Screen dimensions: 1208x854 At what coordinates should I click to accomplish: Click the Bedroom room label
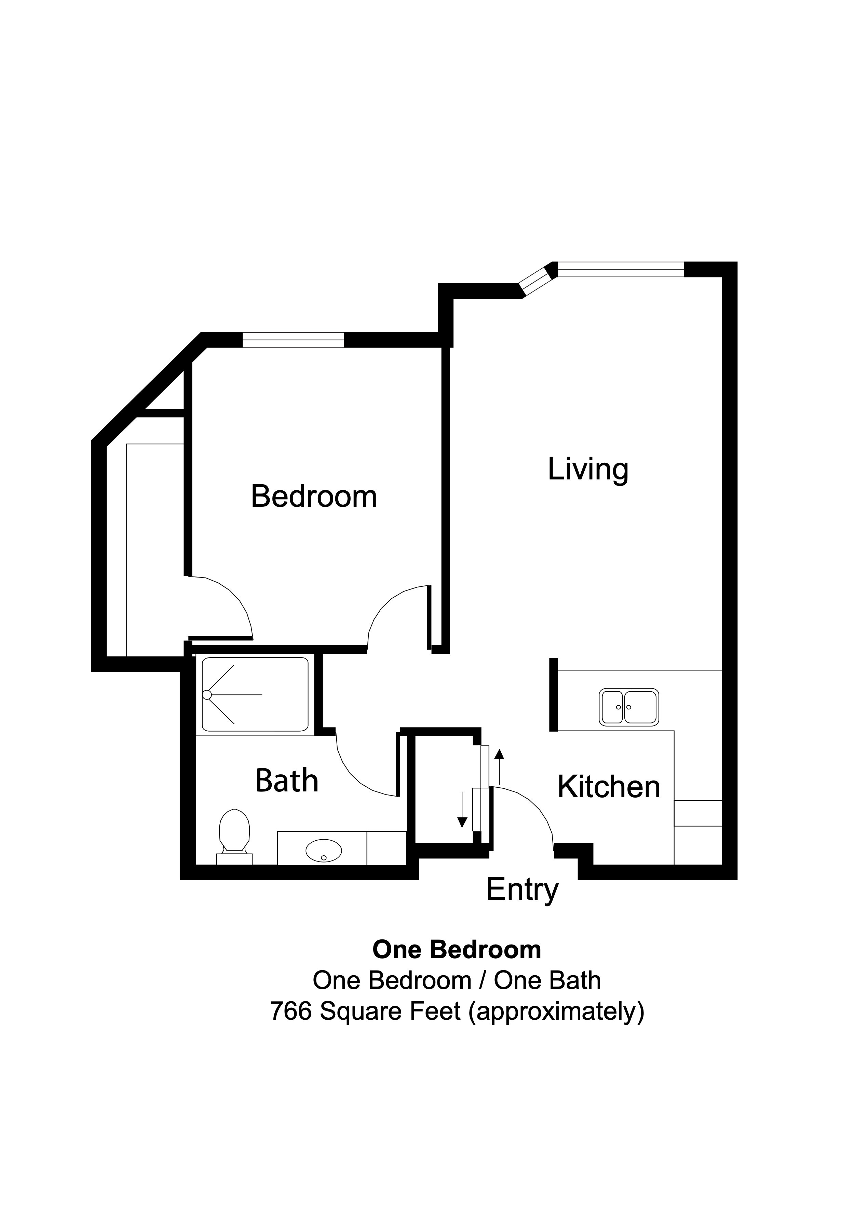314,496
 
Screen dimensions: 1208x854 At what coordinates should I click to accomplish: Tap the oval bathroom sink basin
324,851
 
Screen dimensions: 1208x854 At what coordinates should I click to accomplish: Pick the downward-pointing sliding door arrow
462,810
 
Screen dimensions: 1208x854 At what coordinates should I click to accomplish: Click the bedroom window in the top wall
293,340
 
